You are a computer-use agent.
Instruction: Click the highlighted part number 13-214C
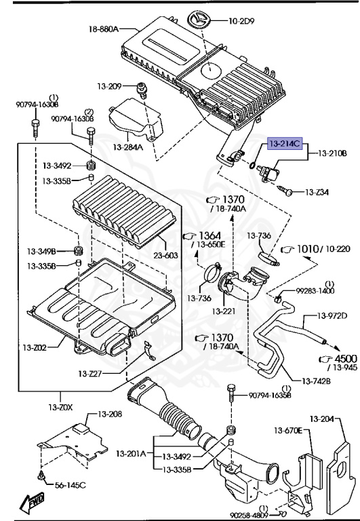point(284,144)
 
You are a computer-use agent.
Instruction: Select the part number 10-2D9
point(241,21)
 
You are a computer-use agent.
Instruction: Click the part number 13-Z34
point(317,193)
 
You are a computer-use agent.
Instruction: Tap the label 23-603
point(165,256)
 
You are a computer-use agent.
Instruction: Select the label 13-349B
point(42,251)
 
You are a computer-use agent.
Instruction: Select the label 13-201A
point(131,453)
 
